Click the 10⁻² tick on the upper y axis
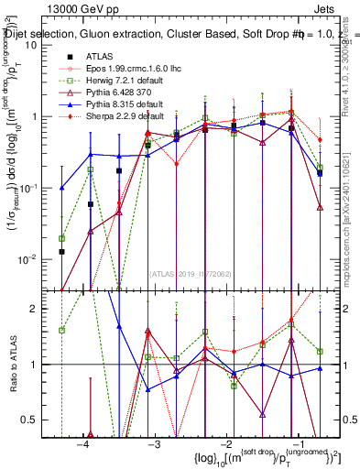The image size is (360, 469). coord(34,259)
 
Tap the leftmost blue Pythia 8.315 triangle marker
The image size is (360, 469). coord(61,187)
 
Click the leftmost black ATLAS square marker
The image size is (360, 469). coord(61,251)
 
